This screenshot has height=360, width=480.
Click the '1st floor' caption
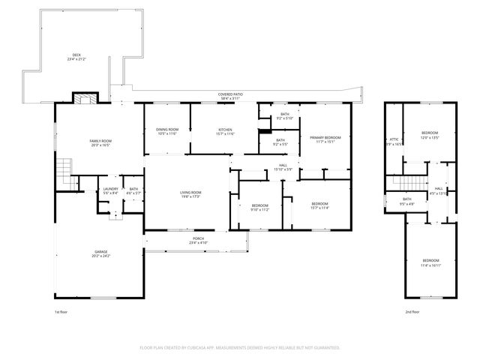(x=61, y=311)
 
